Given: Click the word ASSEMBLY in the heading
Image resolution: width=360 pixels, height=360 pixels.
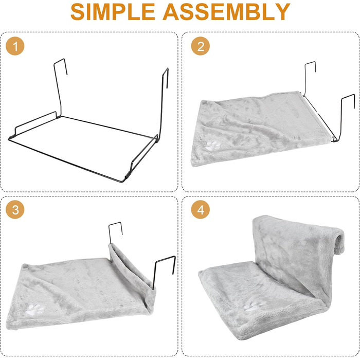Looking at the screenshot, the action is click(226, 12).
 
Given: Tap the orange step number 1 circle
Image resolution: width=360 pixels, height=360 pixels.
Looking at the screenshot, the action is click(15, 46).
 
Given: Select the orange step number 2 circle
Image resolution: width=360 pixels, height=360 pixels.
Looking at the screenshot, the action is click(201, 46).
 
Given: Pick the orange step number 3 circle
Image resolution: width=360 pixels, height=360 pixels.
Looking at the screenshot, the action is click(15, 209).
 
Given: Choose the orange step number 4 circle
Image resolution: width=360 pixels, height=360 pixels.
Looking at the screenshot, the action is click(201, 209).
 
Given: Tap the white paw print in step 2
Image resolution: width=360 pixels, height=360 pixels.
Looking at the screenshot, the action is click(212, 146).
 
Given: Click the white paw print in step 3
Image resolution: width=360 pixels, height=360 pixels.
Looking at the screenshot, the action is click(36, 309).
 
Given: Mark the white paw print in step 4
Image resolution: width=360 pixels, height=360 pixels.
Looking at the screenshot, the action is click(253, 306).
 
